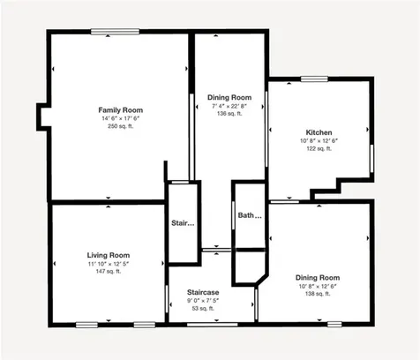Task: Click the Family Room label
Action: [x=120, y=109]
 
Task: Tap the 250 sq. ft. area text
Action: [x=120, y=127]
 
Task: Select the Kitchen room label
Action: [x=318, y=131]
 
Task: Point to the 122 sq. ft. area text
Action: [x=318, y=149]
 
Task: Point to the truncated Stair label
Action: [x=183, y=222]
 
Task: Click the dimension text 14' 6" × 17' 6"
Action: [x=120, y=118]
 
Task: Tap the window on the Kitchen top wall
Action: [x=313, y=79]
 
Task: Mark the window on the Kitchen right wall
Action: [x=371, y=154]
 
